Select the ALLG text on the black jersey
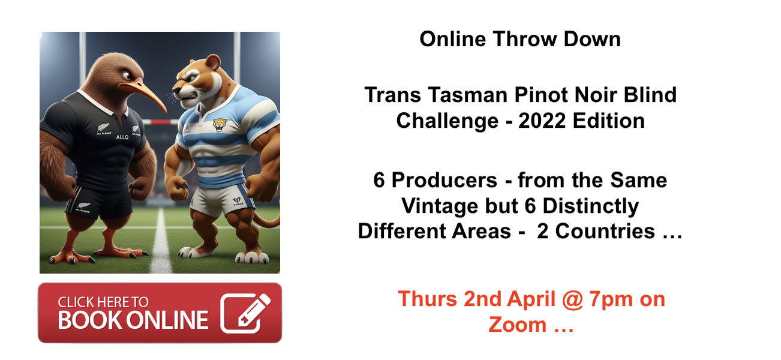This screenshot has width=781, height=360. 122,137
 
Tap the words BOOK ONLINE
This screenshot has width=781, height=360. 133,320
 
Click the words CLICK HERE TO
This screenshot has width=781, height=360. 103,302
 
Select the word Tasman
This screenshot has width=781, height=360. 468,95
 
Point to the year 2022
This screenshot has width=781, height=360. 542,121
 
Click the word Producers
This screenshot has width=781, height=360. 444,181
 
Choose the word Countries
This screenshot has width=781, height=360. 605,231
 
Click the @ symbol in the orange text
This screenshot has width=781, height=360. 572,300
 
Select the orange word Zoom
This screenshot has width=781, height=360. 518,325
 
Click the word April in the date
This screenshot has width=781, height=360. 531,299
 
